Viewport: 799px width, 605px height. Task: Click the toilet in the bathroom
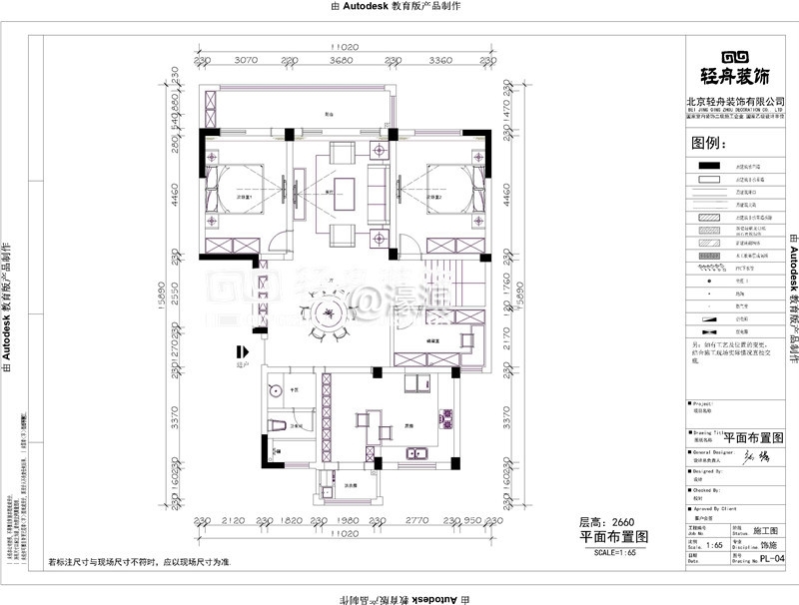pos(282,427)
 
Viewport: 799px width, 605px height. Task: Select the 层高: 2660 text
pos(606,521)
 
